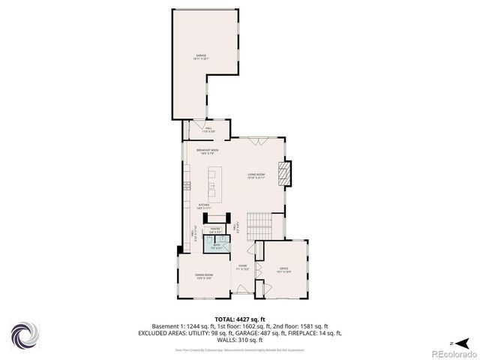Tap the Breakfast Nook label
(208, 151)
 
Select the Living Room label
(258, 177)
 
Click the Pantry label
(214, 231)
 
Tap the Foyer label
(242, 267)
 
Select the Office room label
(284, 269)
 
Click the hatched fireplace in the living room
(284, 174)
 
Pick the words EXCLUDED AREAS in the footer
(162, 334)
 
